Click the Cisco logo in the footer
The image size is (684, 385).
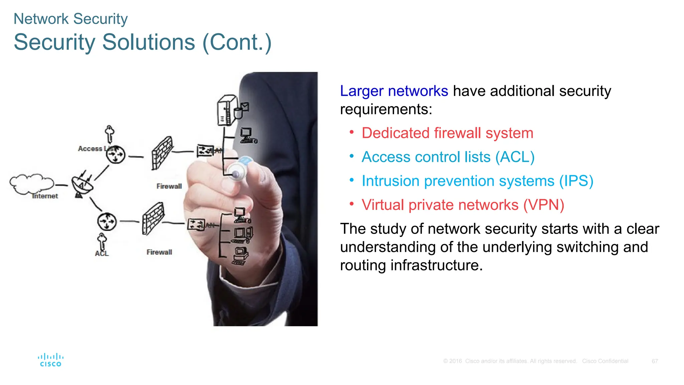click(50, 360)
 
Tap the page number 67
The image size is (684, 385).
click(655, 361)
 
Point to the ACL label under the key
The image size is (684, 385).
click(102, 254)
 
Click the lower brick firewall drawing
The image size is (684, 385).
click(153, 219)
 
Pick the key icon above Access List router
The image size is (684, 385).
click(110, 134)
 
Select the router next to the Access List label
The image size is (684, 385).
click(116, 155)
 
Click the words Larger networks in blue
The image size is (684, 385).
click(394, 91)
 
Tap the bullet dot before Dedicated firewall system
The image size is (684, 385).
click(351, 132)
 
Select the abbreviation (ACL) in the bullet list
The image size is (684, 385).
click(515, 157)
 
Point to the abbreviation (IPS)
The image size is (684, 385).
click(576, 181)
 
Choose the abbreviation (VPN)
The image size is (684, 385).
click(543, 205)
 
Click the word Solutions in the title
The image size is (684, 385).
click(149, 42)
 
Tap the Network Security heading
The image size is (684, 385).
click(70, 19)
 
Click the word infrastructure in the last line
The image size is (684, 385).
click(436, 265)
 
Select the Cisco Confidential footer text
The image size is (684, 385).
click(605, 361)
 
